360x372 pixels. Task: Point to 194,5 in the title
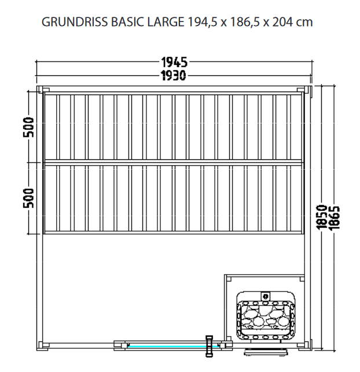(201, 23)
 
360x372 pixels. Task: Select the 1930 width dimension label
(173, 75)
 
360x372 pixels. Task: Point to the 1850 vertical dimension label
(325, 217)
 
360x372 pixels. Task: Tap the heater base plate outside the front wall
(266, 351)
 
